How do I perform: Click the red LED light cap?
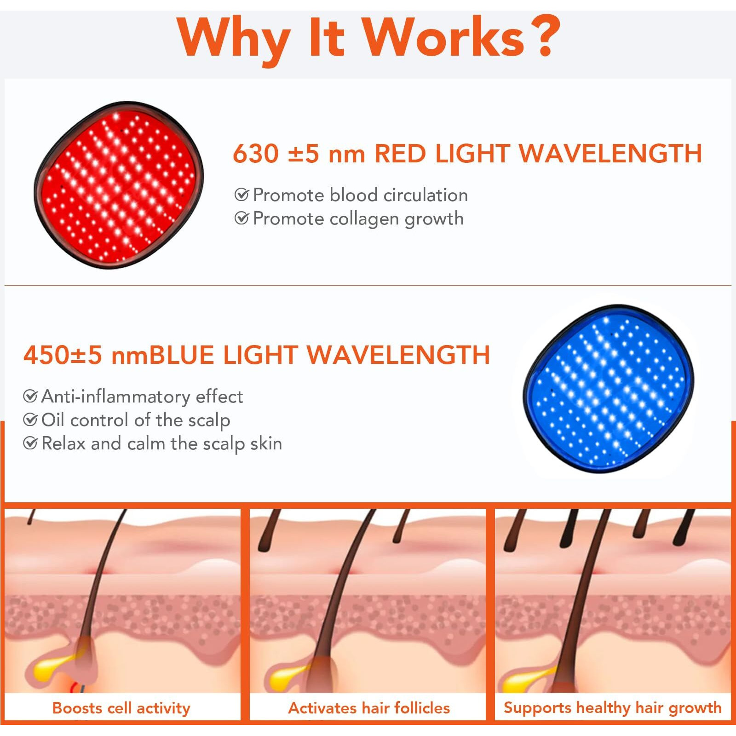[119, 185]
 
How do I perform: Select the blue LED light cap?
[608, 388]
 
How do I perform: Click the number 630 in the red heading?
[256, 154]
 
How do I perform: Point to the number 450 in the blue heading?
[46, 355]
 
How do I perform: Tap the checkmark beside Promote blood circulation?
[241, 195]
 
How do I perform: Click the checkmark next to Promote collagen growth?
[241, 218]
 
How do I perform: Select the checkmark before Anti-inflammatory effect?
[30, 396]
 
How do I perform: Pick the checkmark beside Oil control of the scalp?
[30, 420]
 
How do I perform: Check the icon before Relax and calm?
[30, 443]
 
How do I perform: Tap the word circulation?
[425, 195]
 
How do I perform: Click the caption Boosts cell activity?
[121, 708]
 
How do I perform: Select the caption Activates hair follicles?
[369, 708]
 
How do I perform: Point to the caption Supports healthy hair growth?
[612, 707]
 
